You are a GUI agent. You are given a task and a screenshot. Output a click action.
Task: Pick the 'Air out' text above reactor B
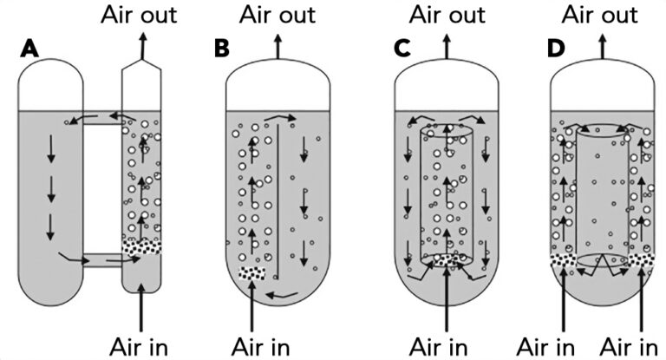277,15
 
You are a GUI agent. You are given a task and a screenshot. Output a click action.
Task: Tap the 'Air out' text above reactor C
447,15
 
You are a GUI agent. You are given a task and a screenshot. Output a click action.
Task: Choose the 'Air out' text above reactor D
600,15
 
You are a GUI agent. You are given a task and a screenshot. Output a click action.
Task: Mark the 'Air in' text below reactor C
447,344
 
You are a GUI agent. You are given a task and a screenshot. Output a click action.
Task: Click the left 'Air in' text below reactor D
545,344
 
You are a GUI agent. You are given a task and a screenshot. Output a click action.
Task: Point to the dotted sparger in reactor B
251,273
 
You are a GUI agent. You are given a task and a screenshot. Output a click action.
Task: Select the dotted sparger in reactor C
447,259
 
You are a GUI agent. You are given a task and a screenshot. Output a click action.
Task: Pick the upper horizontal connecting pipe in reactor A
102,117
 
